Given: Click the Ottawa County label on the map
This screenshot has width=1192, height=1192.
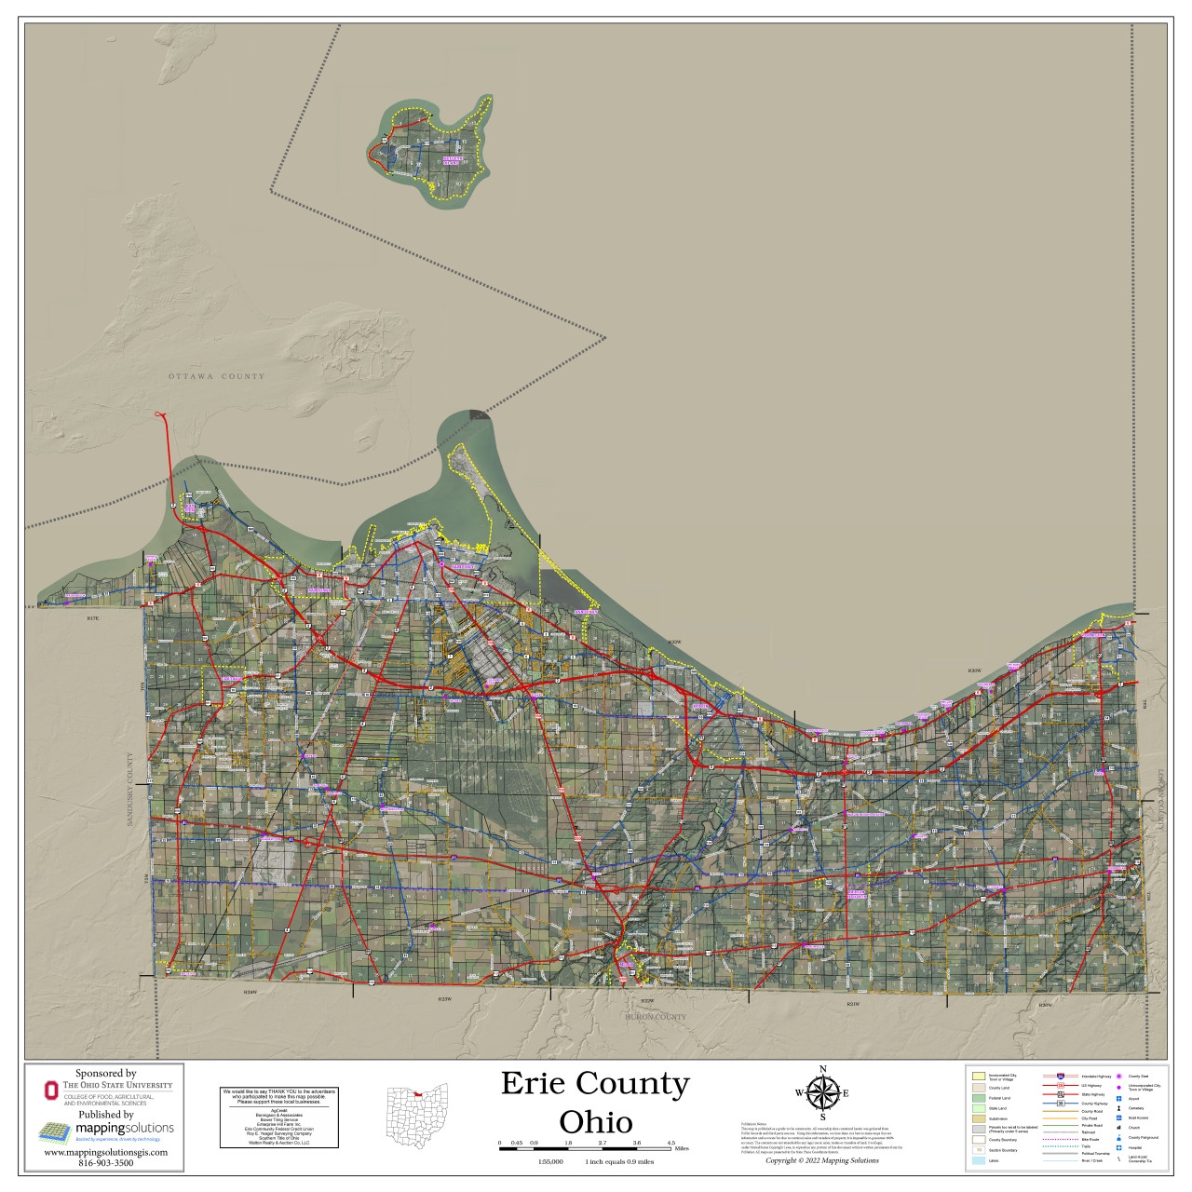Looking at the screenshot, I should point(216,376).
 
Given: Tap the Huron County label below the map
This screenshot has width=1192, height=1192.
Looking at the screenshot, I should point(656,1017).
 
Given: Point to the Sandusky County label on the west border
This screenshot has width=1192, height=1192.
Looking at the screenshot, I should point(130,790).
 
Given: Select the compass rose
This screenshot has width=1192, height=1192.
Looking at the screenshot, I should point(822,1092).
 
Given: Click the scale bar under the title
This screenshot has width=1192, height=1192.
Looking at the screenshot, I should point(585,1150).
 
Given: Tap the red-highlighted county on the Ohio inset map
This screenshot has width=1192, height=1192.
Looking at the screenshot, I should point(418,1094).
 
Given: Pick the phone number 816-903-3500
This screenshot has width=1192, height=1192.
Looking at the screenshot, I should point(105,1162).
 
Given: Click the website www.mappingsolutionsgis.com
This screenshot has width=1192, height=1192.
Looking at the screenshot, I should point(106,1152).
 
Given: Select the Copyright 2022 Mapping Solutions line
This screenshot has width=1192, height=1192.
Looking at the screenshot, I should point(821,1160).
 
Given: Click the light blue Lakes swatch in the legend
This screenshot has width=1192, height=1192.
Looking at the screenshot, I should point(978,1161).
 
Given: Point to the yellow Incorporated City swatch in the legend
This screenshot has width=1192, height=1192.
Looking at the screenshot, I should point(978,1077).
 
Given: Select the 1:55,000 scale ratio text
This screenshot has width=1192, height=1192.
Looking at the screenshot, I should point(550,1161).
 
